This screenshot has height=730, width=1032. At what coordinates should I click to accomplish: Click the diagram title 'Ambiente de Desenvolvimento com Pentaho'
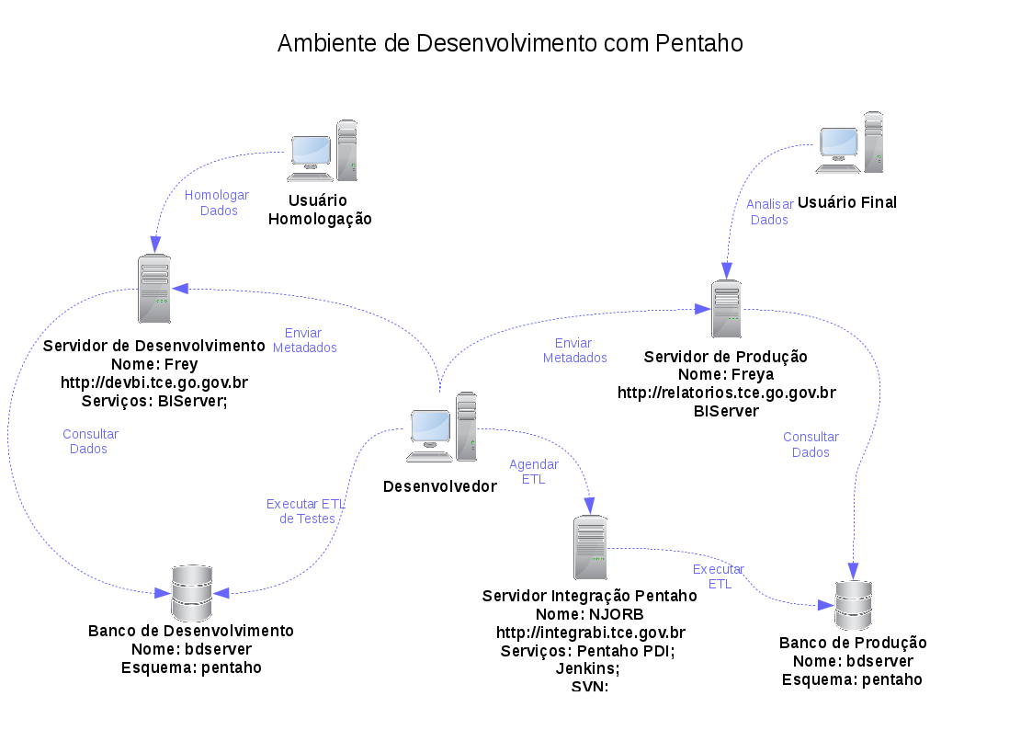tap(510, 43)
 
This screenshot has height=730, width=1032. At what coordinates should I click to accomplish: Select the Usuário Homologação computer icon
tap(322, 151)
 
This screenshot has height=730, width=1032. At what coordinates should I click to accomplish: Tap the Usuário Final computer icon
tap(850, 143)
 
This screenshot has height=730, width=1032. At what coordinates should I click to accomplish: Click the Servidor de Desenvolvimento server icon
tap(154, 289)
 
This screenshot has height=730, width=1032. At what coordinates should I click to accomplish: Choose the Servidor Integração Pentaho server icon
tap(590, 546)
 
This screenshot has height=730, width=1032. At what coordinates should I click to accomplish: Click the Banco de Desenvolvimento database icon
tap(192, 593)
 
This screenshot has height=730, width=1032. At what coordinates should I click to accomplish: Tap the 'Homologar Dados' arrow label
tap(218, 203)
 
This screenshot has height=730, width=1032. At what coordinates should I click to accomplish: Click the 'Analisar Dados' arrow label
tap(769, 212)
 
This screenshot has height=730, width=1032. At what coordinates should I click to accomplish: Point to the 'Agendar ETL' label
tap(533, 472)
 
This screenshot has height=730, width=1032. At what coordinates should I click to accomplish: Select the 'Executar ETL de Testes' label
tap(306, 511)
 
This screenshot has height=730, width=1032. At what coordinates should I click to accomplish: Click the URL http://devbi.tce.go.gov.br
tap(154, 382)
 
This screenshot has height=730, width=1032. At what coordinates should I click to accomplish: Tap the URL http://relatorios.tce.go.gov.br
tap(726, 393)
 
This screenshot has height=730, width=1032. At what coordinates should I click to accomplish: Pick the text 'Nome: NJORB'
tap(590, 614)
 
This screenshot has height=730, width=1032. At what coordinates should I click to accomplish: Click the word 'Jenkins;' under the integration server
tap(588, 668)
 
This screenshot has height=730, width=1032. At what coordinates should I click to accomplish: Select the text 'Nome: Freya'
tap(725, 374)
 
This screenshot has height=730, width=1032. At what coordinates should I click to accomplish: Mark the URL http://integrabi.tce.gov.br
tap(591, 633)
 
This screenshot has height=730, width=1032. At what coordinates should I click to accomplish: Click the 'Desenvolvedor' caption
tap(439, 486)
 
